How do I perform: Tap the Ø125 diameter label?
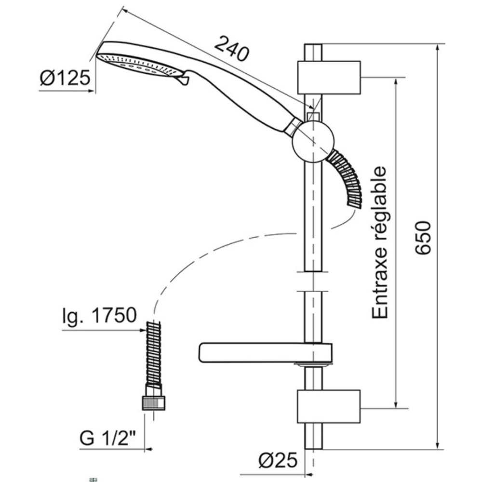65,78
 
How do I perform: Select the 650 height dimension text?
423,238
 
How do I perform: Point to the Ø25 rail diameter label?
278,460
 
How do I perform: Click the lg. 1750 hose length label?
99,315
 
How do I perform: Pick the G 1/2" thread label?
107,438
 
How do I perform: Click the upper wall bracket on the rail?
329,78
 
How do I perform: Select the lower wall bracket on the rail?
329,406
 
